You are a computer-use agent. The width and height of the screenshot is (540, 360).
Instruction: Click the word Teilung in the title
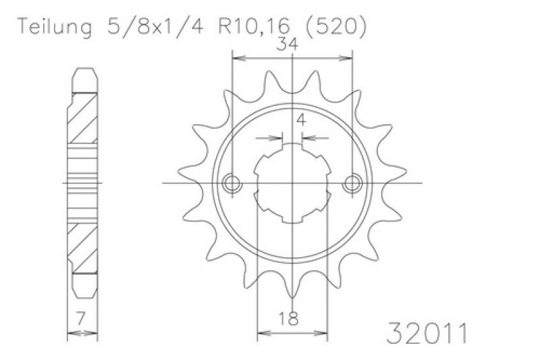pyautogui.click(x=55, y=27)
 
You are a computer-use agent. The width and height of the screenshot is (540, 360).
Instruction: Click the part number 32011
pyautogui.click(x=427, y=333)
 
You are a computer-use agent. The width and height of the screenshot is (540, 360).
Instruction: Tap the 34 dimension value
pyautogui.click(x=288, y=45)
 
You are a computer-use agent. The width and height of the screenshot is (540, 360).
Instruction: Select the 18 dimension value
pyautogui.click(x=288, y=319)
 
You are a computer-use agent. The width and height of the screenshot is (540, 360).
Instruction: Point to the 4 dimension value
pyautogui.click(x=301, y=120)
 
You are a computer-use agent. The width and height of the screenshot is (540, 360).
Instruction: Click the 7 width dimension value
pyautogui.click(x=80, y=319)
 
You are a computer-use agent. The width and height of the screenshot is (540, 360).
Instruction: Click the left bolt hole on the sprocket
pyautogui.click(x=232, y=184)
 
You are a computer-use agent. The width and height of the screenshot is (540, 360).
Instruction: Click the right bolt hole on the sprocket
pyautogui.click(x=352, y=184)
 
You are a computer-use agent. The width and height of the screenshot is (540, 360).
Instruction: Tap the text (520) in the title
pyautogui.click(x=336, y=27)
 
